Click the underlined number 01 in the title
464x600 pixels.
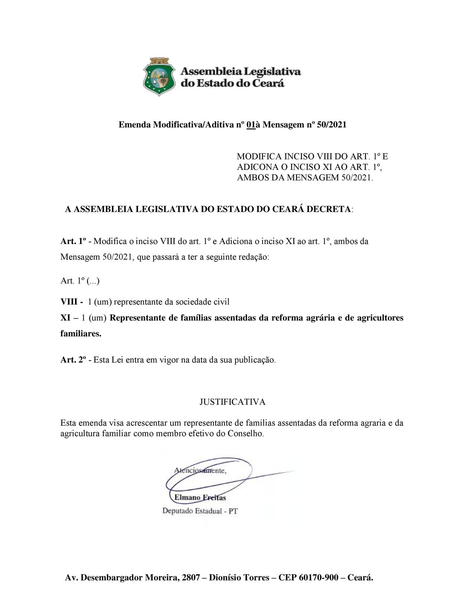[251, 125]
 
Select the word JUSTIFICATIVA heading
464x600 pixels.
[232, 402]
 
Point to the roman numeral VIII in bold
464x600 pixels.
[69, 302]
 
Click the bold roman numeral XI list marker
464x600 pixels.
[65, 318]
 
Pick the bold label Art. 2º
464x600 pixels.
[73, 360]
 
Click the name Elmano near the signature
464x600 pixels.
[188, 498]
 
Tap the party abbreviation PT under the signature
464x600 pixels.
[233, 511]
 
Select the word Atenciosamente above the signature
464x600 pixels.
[200, 471]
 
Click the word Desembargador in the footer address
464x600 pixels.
[112, 578]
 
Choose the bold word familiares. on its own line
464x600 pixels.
[81, 334]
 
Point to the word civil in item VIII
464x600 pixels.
[222, 302]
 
